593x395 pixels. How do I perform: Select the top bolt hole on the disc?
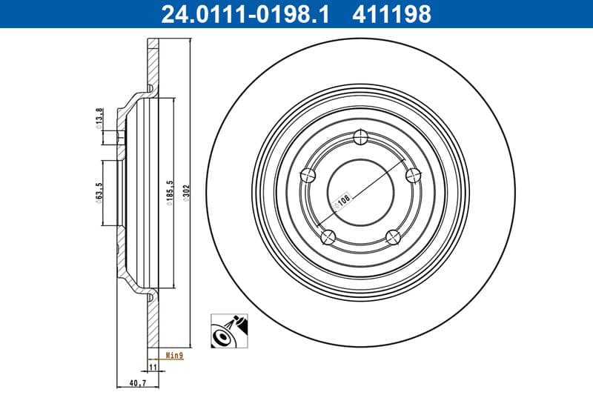[x=361, y=136]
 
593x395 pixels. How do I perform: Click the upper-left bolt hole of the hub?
[x=308, y=175]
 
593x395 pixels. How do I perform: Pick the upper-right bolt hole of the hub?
[x=414, y=175]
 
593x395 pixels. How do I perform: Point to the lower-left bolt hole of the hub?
[x=328, y=237]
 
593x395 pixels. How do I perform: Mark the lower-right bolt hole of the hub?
[x=394, y=237]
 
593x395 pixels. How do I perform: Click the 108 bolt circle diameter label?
[x=345, y=200]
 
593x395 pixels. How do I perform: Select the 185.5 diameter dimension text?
[x=170, y=194]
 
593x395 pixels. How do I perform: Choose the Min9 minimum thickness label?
[x=173, y=356]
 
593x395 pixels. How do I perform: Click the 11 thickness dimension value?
[x=153, y=367]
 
